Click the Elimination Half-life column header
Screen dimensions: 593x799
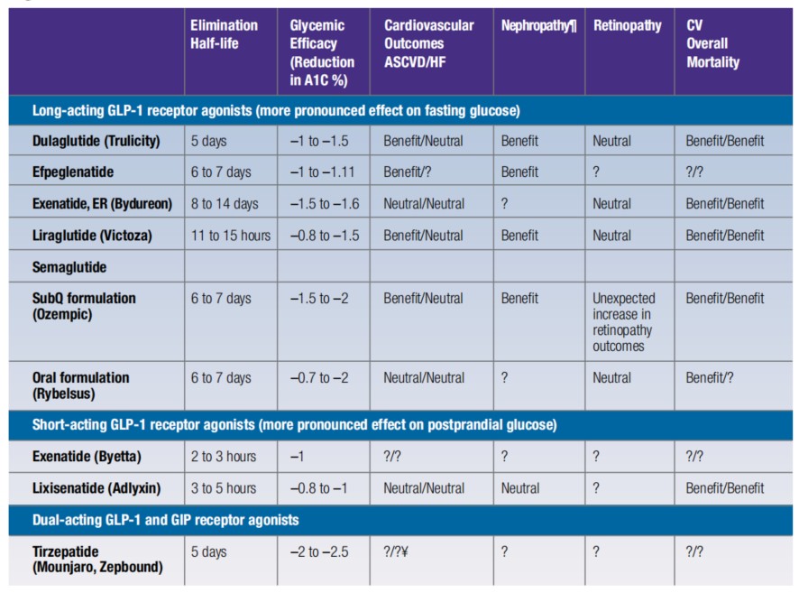(x=224, y=34)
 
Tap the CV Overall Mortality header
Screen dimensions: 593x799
(x=712, y=43)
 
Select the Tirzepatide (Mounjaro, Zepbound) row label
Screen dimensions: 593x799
(x=97, y=559)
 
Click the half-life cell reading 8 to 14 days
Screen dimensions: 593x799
(x=224, y=204)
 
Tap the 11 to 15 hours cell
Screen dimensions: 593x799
(x=230, y=236)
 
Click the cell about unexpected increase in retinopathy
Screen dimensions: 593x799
(x=624, y=320)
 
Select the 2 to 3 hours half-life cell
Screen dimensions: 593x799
(x=223, y=457)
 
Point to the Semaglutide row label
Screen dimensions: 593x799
(x=69, y=267)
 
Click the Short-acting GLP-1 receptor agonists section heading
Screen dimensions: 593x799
(x=294, y=424)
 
